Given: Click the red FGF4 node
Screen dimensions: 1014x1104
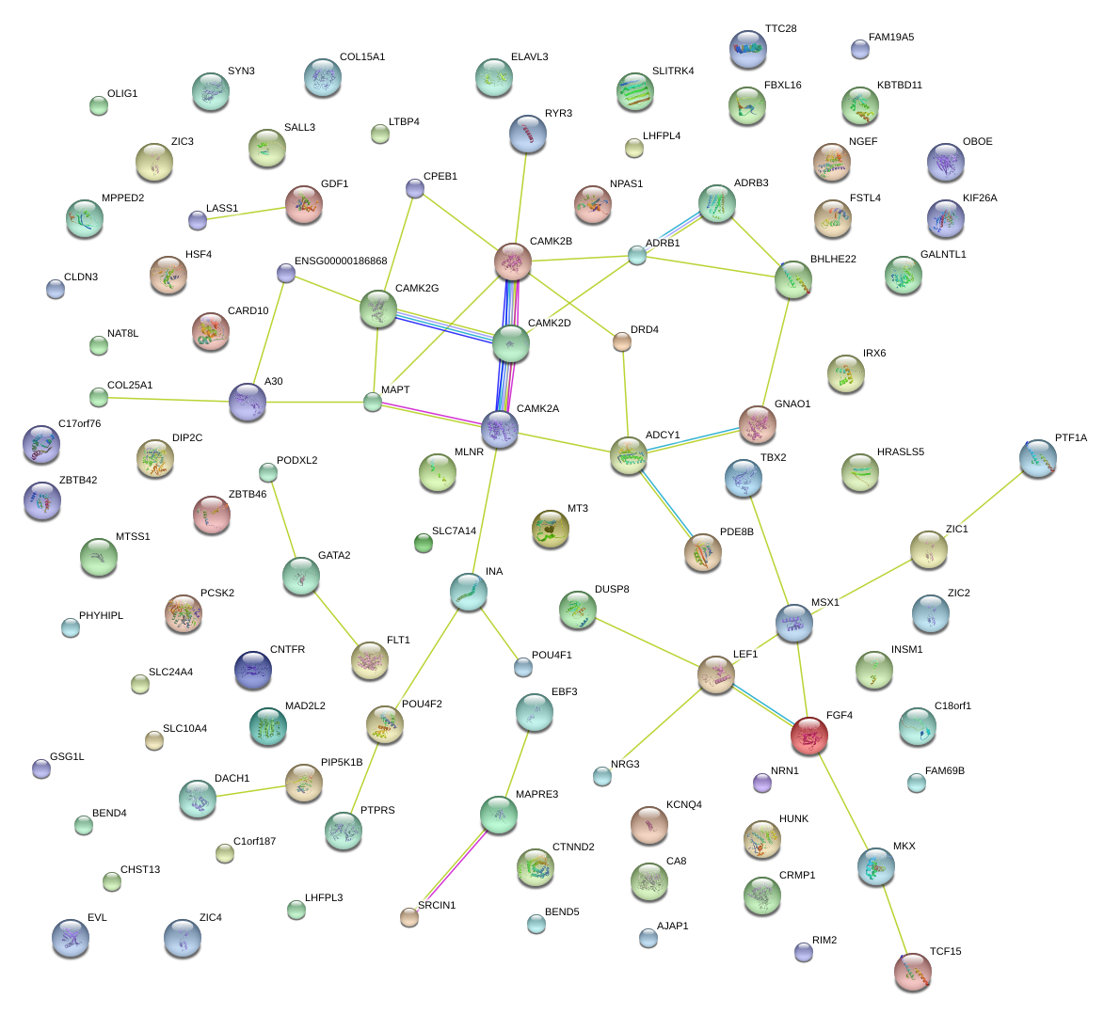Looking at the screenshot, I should tap(809, 736).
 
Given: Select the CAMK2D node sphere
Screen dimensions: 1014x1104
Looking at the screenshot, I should tap(511, 344).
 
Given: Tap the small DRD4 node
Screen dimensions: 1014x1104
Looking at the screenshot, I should tap(621, 341).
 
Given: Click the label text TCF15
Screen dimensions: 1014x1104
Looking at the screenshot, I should tap(945, 952).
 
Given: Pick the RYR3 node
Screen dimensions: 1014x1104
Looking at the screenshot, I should tap(527, 134).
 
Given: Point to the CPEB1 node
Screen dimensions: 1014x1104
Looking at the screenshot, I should tap(415, 188).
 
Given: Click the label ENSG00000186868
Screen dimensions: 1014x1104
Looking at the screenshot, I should tap(341, 261).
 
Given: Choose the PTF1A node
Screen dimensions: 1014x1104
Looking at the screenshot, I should tap(1037, 458).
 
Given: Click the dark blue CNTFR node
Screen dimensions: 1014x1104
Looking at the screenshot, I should tap(252, 670).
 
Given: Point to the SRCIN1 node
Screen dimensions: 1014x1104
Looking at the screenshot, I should tap(408, 917).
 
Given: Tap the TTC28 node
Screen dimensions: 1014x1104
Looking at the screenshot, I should tap(748, 49).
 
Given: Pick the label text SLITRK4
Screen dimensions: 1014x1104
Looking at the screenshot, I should tap(673, 71).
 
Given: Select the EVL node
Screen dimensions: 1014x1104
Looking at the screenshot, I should tap(71, 938).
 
